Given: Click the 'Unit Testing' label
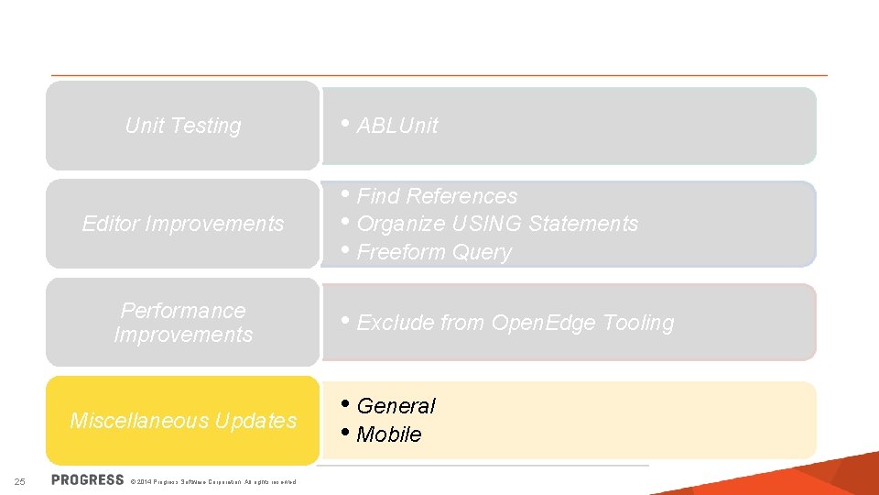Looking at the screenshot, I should pos(183,126).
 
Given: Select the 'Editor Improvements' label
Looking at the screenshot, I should pos(183,224).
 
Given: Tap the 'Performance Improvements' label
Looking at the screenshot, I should pos(183,323).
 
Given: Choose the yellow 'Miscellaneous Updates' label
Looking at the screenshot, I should pos(183,421).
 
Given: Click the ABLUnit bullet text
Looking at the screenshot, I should pos(396,126).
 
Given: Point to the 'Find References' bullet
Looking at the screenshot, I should pos(437,196).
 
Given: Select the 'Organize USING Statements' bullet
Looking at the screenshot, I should pos(497,224).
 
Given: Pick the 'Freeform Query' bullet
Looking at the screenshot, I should pos(434,252).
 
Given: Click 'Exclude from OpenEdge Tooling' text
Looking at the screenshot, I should pos(515,323).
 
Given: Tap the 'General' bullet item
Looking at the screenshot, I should pos(396,406).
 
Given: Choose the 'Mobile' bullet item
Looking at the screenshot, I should pos(389,434).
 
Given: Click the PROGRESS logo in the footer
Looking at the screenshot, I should pos(88,479).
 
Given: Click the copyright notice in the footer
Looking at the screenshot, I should pos(213,481).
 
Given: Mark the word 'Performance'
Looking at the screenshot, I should pos(183,311).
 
